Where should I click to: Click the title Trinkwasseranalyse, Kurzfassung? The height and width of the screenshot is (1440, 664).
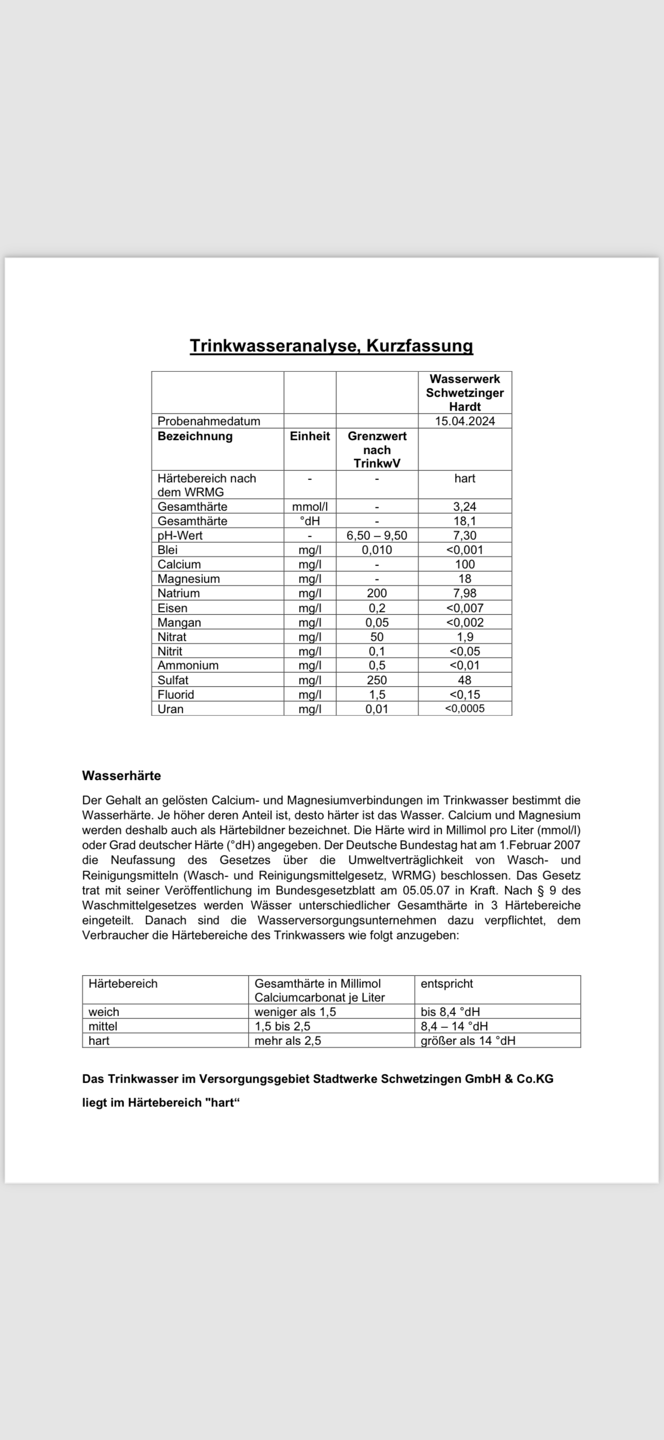tap(331, 346)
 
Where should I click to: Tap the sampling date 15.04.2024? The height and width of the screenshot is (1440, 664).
tap(465, 421)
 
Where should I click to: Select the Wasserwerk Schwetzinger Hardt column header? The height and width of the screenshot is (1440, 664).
tap(465, 392)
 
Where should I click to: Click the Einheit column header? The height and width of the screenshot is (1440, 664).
tap(310, 436)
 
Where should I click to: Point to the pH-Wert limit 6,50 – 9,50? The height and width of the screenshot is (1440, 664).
tap(377, 535)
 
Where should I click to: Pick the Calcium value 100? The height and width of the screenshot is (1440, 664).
tap(465, 564)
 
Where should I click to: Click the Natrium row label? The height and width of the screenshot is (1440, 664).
tap(178, 593)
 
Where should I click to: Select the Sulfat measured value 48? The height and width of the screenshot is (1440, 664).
tap(464, 680)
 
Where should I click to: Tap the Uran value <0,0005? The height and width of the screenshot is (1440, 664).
tap(464, 708)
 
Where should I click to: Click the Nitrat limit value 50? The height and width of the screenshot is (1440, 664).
tap(377, 637)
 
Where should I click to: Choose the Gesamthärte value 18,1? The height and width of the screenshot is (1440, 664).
tap(465, 521)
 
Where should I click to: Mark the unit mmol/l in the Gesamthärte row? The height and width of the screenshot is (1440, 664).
tap(310, 506)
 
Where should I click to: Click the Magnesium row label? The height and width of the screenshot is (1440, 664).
tap(188, 578)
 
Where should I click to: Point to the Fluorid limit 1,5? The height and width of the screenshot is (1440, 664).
tap(377, 694)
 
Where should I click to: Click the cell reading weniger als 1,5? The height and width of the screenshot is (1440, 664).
tap(295, 1012)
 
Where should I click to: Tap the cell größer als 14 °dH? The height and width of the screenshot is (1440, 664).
tap(468, 1040)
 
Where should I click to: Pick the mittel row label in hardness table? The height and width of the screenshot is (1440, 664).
tap(103, 1026)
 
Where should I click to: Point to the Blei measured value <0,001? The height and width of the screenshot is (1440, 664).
tap(464, 550)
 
